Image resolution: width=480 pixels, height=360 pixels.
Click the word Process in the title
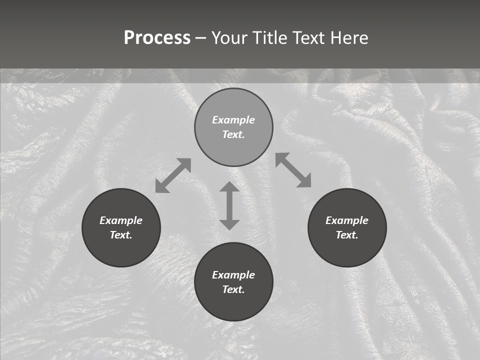(x=157, y=38)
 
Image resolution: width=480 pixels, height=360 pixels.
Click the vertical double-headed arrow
(x=229, y=205)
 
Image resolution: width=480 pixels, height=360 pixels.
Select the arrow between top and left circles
(x=173, y=175)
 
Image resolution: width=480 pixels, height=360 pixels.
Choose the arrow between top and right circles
(x=293, y=170)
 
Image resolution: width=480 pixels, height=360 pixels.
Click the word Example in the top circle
(x=233, y=120)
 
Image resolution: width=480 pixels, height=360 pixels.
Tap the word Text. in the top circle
(x=233, y=134)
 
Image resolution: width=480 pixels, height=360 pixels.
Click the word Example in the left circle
(x=121, y=220)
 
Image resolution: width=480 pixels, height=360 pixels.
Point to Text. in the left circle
(x=121, y=235)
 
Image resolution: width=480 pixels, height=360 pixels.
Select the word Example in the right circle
(x=347, y=220)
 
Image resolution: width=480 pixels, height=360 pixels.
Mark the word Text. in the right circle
(x=347, y=235)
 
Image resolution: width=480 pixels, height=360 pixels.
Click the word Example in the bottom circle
(x=233, y=275)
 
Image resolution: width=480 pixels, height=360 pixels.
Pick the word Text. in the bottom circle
(x=233, y=289)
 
